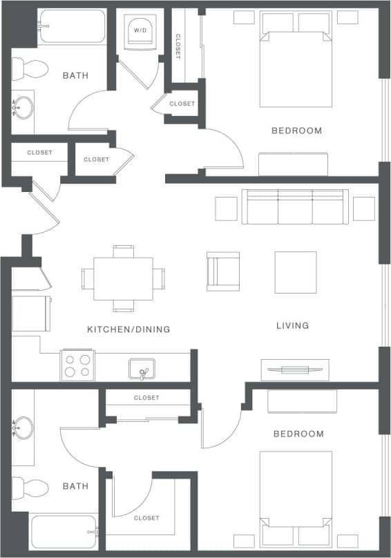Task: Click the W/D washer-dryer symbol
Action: click(x=140, y=31)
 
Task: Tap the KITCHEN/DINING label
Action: click(x=128, y=329)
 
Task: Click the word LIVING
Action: click(x=292, y=325)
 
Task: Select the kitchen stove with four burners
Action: click(x=77, y=365)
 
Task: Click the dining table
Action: click(x=124, y=278)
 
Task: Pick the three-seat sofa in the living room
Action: click(x=295, y=206)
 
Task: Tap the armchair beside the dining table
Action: click(x=223, y=270)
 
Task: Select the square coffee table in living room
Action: click(x=296, y=272)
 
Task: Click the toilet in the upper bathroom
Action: click(x=30, y=68)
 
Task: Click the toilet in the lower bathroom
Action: click(x=30, y=488)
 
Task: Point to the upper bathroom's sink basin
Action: click(x=23, y=106)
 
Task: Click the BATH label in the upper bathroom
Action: click(x=75, y=75)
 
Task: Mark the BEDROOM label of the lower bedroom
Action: click(x=298, y=434)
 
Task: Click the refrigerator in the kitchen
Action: click(x=30, y=314)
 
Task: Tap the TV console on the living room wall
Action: click(x=294, y=369)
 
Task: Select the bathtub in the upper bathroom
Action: click(x=72, y=27)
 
